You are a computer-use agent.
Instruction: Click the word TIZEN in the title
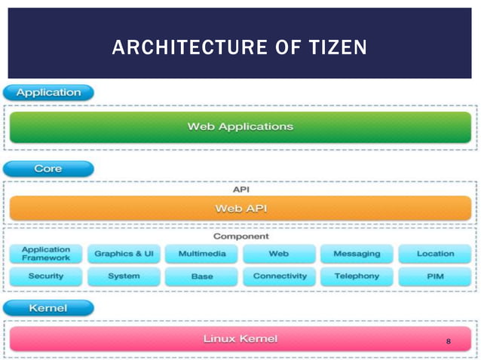pos(337,48)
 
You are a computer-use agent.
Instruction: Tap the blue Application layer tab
pos(48,93)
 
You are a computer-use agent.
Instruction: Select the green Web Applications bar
pos(240,127)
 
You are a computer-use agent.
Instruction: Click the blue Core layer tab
pos(48,168)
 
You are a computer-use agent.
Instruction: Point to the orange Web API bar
pos(240,208)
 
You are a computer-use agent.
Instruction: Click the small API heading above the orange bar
pos(240,189)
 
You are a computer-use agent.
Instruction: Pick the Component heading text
pos(240,236)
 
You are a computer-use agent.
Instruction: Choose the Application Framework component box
pos(46,254)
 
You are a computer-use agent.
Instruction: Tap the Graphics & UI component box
pos(124,254)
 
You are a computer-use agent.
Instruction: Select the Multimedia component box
pos(201,254)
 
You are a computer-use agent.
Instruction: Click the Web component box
pos(279,254)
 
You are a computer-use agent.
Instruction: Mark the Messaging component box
pos(357,254)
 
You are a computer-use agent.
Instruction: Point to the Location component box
pos(435,254)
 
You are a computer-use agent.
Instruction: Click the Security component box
pos(46,276)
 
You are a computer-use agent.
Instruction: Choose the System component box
pos(124,276)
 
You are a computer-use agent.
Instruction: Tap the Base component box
pos(201,276)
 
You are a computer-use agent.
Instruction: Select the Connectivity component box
pos(279,276)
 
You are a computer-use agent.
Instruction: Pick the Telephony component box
pos(357,276)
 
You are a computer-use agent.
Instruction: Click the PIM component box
pos(435,276)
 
